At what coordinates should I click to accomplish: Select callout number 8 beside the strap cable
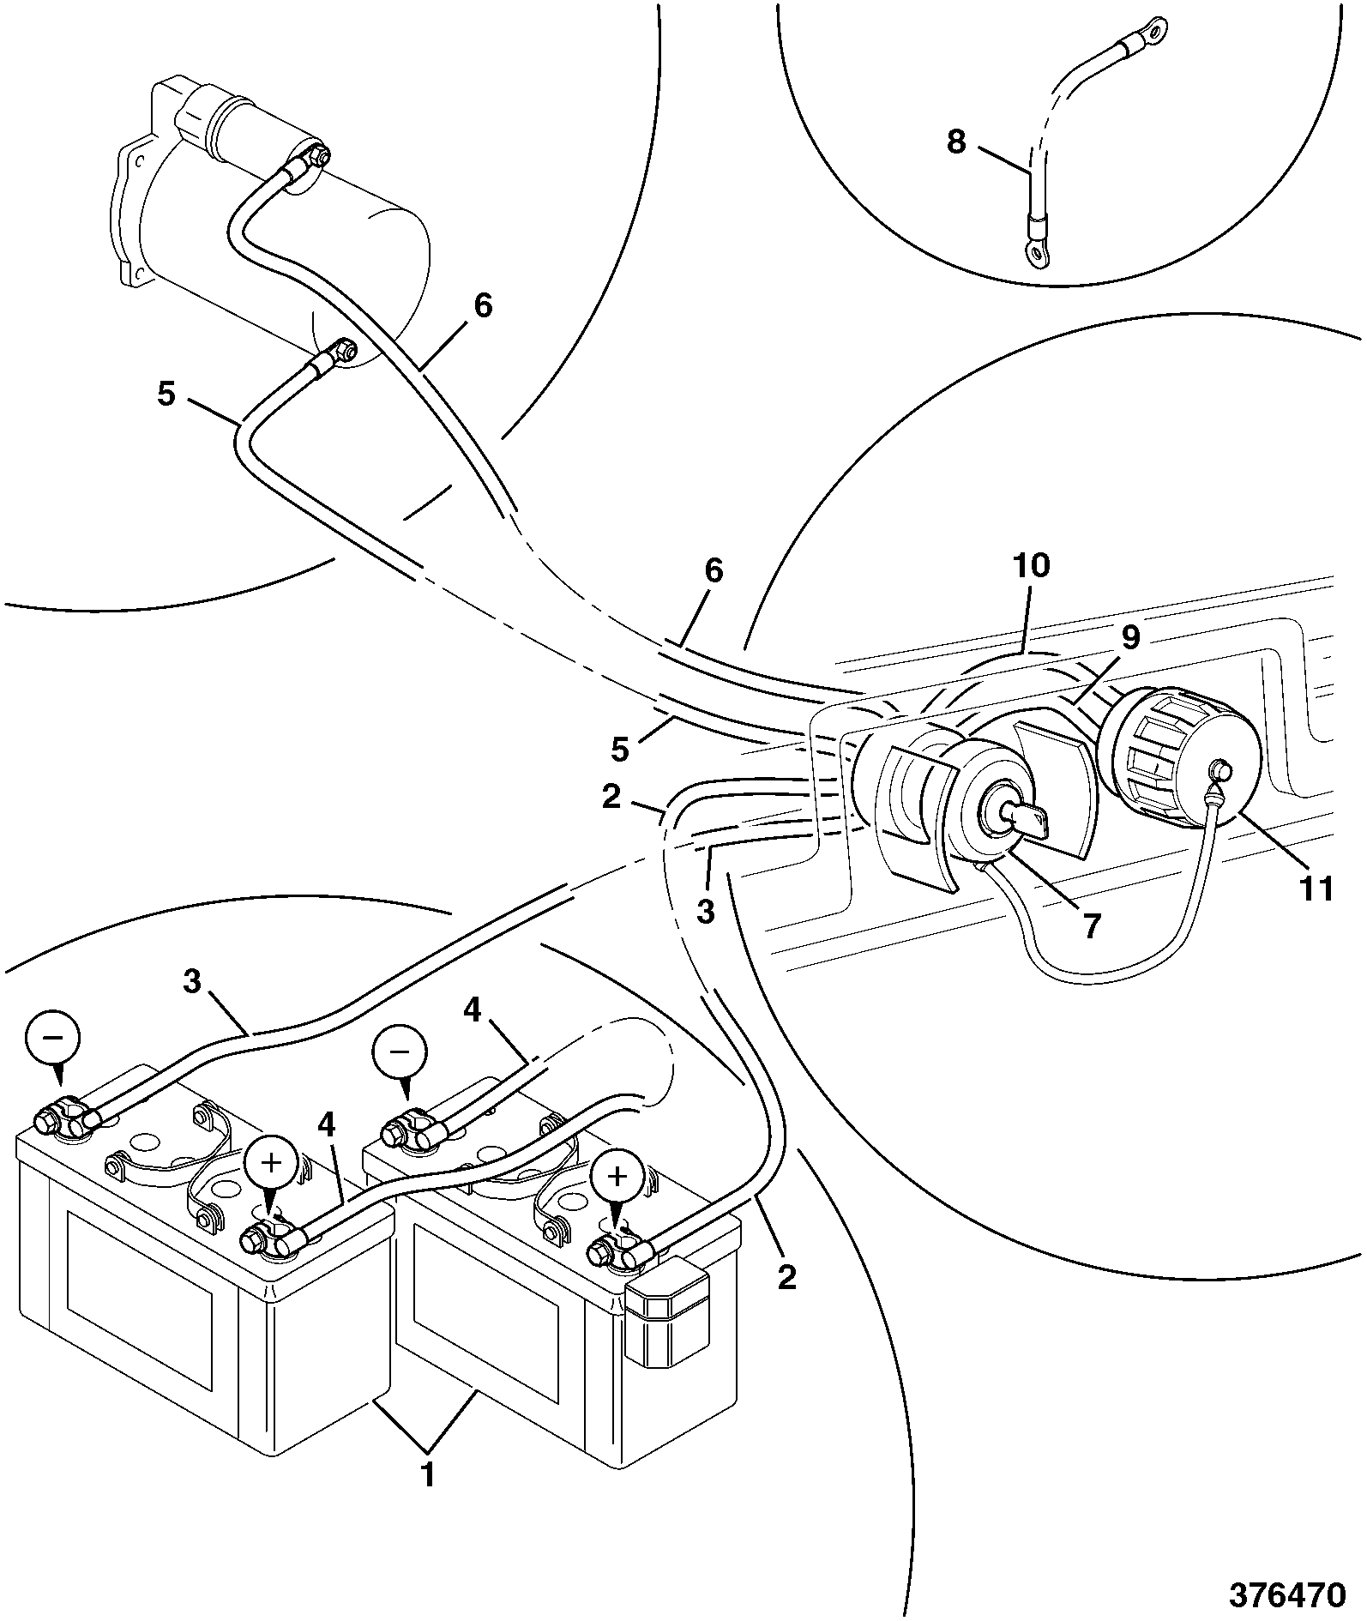coord(956,141)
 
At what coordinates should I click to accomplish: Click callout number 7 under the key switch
coord(1090,926)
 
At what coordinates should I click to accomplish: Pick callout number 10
coord(1031,566)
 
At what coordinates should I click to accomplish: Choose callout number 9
coord(1130,637)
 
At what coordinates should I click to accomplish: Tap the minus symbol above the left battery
coord(52,1036)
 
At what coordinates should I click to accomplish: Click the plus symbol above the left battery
coord(271,1163)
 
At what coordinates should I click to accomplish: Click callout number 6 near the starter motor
coord(483,305)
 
